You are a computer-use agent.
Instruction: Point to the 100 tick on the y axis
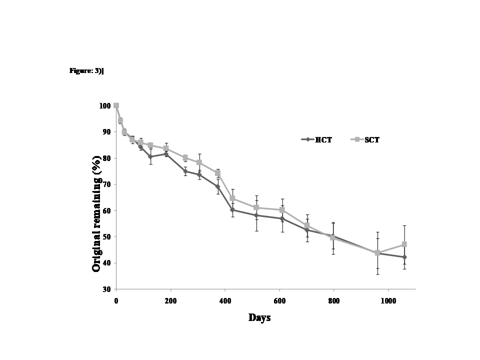105,105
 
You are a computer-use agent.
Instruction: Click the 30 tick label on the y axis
106,289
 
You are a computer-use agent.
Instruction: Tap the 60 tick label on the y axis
106,210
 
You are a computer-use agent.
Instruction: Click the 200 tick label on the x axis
170,300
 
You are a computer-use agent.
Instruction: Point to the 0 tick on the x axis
116,300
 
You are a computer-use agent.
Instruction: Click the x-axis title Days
259,317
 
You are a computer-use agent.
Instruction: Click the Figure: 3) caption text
86,70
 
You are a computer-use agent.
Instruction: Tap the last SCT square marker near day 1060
404,244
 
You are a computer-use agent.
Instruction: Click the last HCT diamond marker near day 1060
404,257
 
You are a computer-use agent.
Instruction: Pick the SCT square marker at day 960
377,253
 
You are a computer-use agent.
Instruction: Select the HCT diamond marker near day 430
232,210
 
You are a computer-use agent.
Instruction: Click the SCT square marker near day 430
232,198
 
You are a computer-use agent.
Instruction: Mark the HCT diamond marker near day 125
150,156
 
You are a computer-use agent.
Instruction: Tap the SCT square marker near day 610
282,210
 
